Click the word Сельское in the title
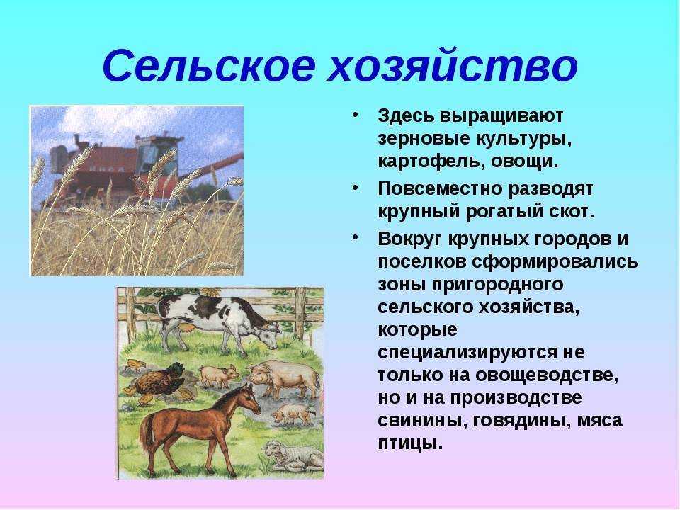(x=208, y=65)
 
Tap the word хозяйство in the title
(x=453, y=65)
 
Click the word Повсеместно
(x=439, y=188)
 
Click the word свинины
(x=419, y=421)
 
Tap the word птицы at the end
(x=410, y=443)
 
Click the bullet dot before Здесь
(x=356, y=115)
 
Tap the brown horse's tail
(x=144, y=433)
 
